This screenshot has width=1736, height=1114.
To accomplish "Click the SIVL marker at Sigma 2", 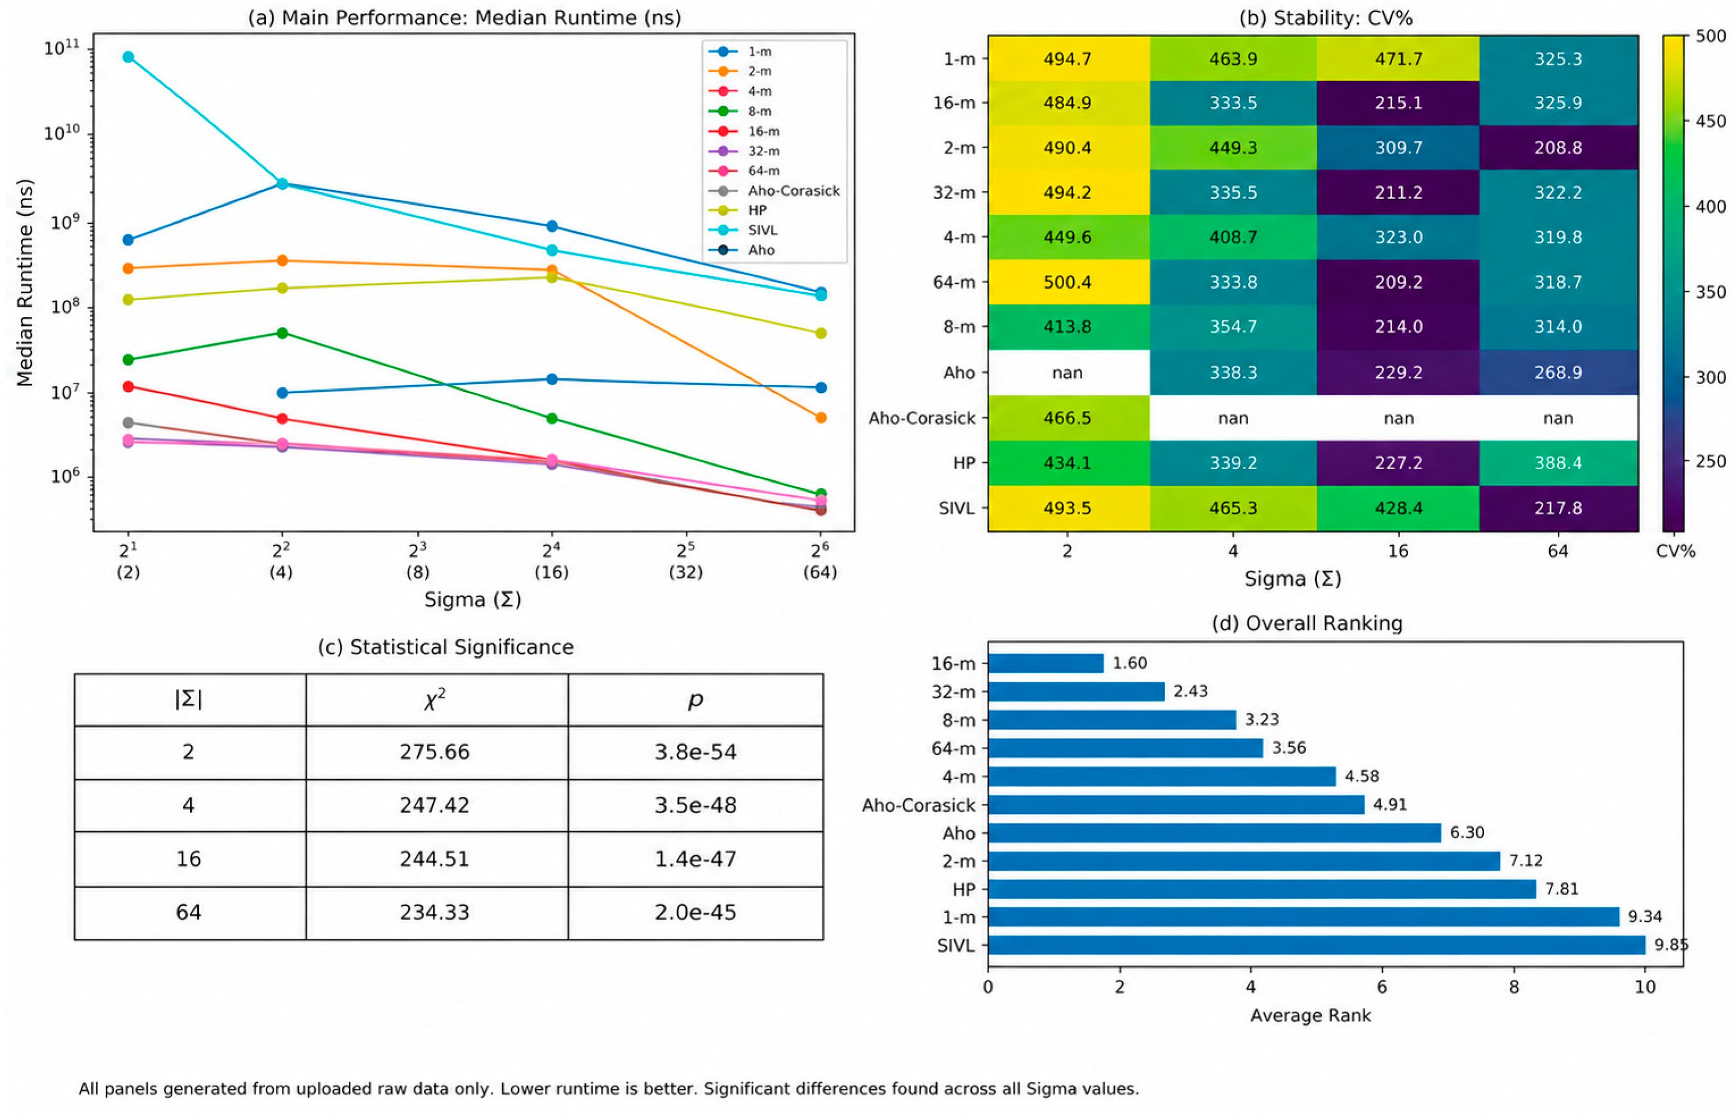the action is (x=128, y=57).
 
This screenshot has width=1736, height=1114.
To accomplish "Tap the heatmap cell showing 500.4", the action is (x=1069, y=282).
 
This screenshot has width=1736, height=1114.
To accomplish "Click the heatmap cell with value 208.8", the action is (x=1558, y=148).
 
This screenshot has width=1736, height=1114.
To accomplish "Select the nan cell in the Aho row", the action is (x=1069, y=373).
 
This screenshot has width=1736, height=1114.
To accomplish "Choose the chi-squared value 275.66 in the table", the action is (x=435, y=751).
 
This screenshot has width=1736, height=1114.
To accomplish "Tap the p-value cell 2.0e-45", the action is (x=695, y=912).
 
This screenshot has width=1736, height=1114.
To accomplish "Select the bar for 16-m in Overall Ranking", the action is (x=1046, y=664).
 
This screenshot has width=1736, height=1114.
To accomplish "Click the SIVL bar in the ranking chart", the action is (x=1317, y=945).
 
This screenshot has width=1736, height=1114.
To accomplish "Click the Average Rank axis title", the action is (x=1310, y=1015).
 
